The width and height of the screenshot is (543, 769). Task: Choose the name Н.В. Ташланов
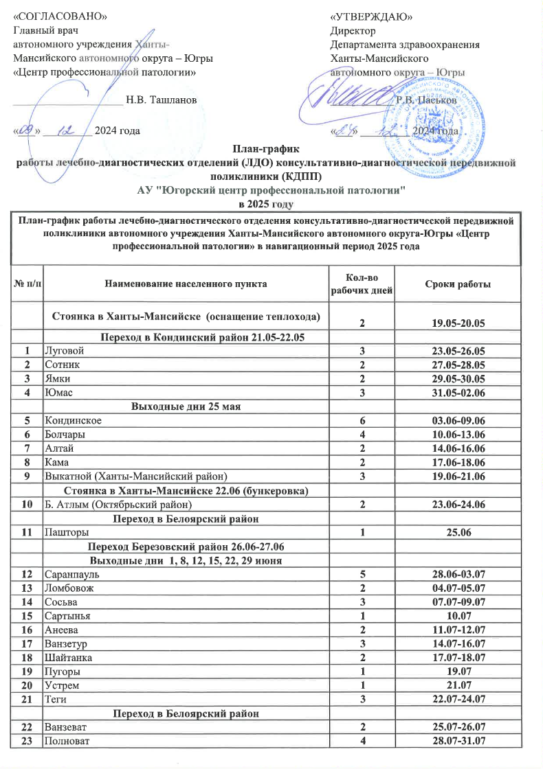162,100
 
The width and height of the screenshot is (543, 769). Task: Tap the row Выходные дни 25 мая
185,407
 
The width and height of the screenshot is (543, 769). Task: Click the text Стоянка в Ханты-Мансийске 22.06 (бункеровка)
185,492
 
